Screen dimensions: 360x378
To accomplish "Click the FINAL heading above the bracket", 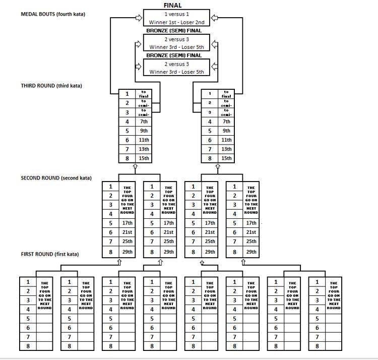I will [x=172, y=5].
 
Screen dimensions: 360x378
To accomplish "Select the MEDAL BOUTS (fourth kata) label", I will [x=53, y=14].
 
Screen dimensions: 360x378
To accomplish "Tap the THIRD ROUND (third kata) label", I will [x=51, y=86].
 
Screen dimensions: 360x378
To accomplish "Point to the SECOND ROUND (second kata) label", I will [x=56, y=177].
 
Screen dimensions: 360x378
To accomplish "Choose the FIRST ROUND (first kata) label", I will [x=49, y=254].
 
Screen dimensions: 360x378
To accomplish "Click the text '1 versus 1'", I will [x=176, y=14].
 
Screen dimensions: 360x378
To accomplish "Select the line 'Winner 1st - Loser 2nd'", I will [x=176, y=22].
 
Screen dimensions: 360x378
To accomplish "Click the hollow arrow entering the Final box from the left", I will [x=138, y=18].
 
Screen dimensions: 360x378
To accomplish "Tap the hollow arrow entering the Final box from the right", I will [x=214, y=18].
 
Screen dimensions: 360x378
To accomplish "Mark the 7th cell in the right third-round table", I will [x=226, y=122].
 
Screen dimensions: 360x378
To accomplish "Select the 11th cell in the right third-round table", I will [x=226, y=140].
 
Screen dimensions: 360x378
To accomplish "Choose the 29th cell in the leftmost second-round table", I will [x=127, y=252].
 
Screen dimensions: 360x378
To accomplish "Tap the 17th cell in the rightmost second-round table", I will [x=250, y=223].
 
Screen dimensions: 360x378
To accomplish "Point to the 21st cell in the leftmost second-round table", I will [x=127, y=232].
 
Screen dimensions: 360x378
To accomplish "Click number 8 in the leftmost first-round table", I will [x=28, y=346].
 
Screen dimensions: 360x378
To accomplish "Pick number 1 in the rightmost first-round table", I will [x=317, y=282].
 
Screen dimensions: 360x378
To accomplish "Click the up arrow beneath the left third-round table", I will [x=135, y=166].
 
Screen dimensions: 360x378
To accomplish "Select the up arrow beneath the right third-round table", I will [x=218, y=166].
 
